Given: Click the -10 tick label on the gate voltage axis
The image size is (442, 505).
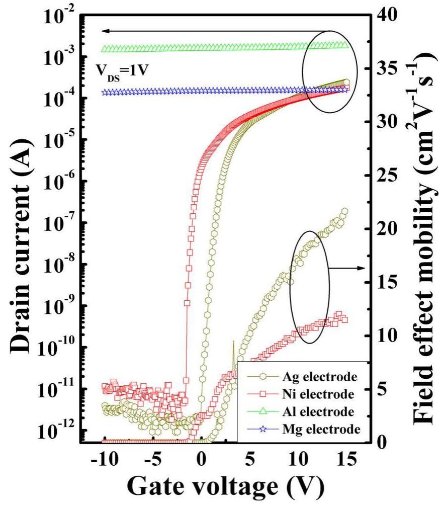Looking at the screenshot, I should coord(103,459).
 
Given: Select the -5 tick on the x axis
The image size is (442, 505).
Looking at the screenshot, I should coord(153,459).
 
